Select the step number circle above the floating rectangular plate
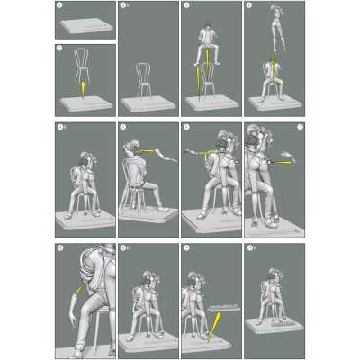click(185, 248)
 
